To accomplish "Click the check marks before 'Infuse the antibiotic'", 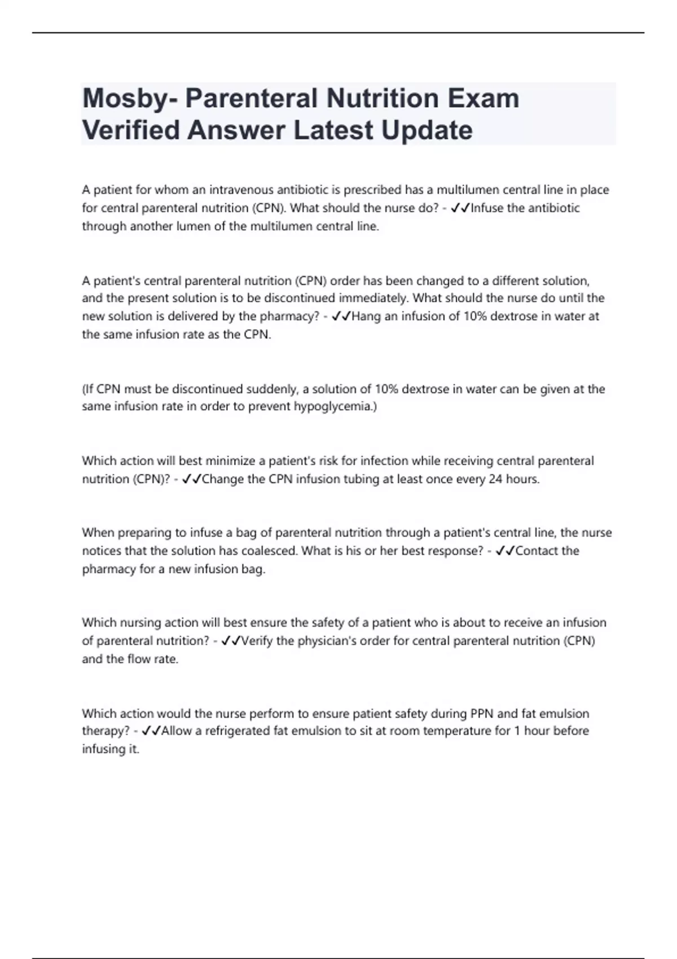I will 461,208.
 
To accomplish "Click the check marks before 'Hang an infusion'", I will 341,316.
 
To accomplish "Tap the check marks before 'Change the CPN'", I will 192,479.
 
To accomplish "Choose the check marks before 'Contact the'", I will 505,551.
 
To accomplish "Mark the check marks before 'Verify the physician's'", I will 231,641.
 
